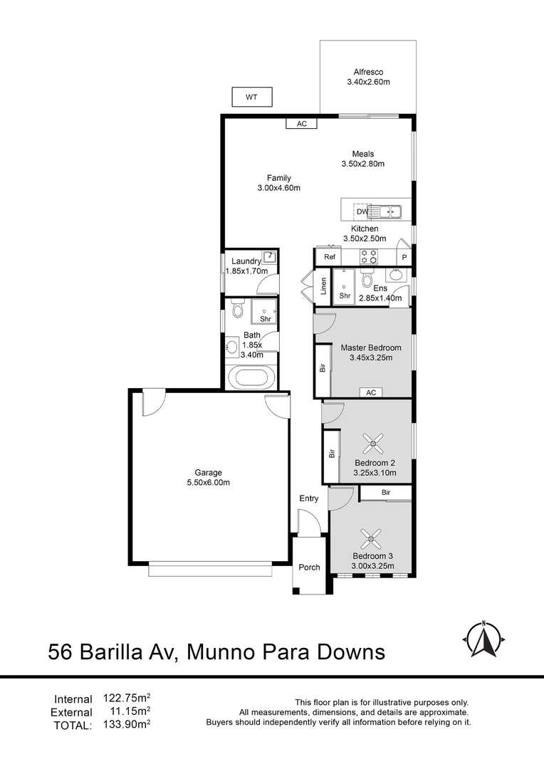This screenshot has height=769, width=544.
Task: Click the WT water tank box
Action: coord(251,98)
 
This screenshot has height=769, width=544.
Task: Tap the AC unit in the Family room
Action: coord(301,123)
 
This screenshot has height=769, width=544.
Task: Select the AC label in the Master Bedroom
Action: coord(370,392)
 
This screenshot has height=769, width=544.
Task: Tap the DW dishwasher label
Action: coord(362,211)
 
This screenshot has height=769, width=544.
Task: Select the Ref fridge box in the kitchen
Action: coord(329,256)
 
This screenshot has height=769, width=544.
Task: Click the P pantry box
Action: coord(404,257)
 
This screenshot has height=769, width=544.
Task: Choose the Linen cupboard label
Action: coord(323,286)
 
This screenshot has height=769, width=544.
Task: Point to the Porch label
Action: coord(309,567)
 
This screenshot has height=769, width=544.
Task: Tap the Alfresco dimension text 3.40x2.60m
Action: coord(368,82)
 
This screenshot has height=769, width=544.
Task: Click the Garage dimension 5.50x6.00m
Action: coord(209,482)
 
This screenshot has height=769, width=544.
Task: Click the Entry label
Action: coord(308,498)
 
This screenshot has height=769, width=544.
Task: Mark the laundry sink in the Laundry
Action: coord(268,258)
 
